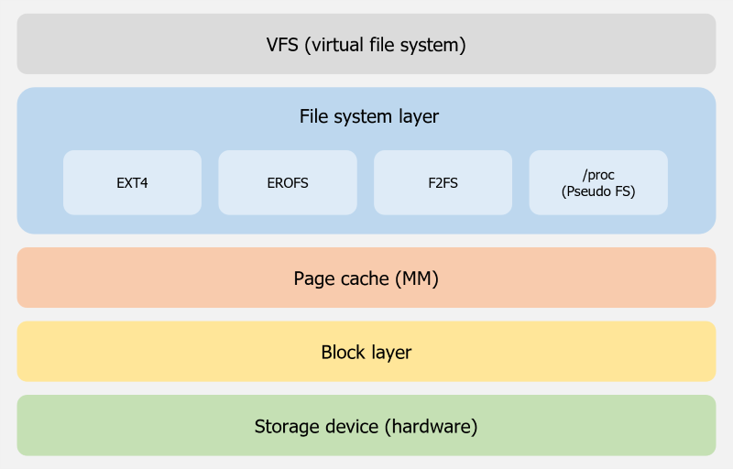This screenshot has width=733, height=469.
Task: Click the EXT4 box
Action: click(132, 182)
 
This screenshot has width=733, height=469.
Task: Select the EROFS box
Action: click(287, 182)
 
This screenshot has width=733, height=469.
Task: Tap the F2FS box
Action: click(443, 182)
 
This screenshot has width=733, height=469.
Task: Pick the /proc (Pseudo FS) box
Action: click(598, 182)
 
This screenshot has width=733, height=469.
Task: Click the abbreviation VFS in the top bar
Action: click(282, 44)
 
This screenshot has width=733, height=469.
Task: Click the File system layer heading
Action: click(368, 117)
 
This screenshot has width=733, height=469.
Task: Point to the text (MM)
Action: click(417, 278)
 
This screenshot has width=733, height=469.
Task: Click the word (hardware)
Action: click(431, 426)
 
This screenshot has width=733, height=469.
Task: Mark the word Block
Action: click(343, 352)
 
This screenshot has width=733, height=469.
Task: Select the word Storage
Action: click(287, 426)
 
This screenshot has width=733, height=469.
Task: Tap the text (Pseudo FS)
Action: click(598, 191)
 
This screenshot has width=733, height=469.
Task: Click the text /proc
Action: click(598, 174)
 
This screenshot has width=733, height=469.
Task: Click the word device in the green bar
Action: click(352, 426)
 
